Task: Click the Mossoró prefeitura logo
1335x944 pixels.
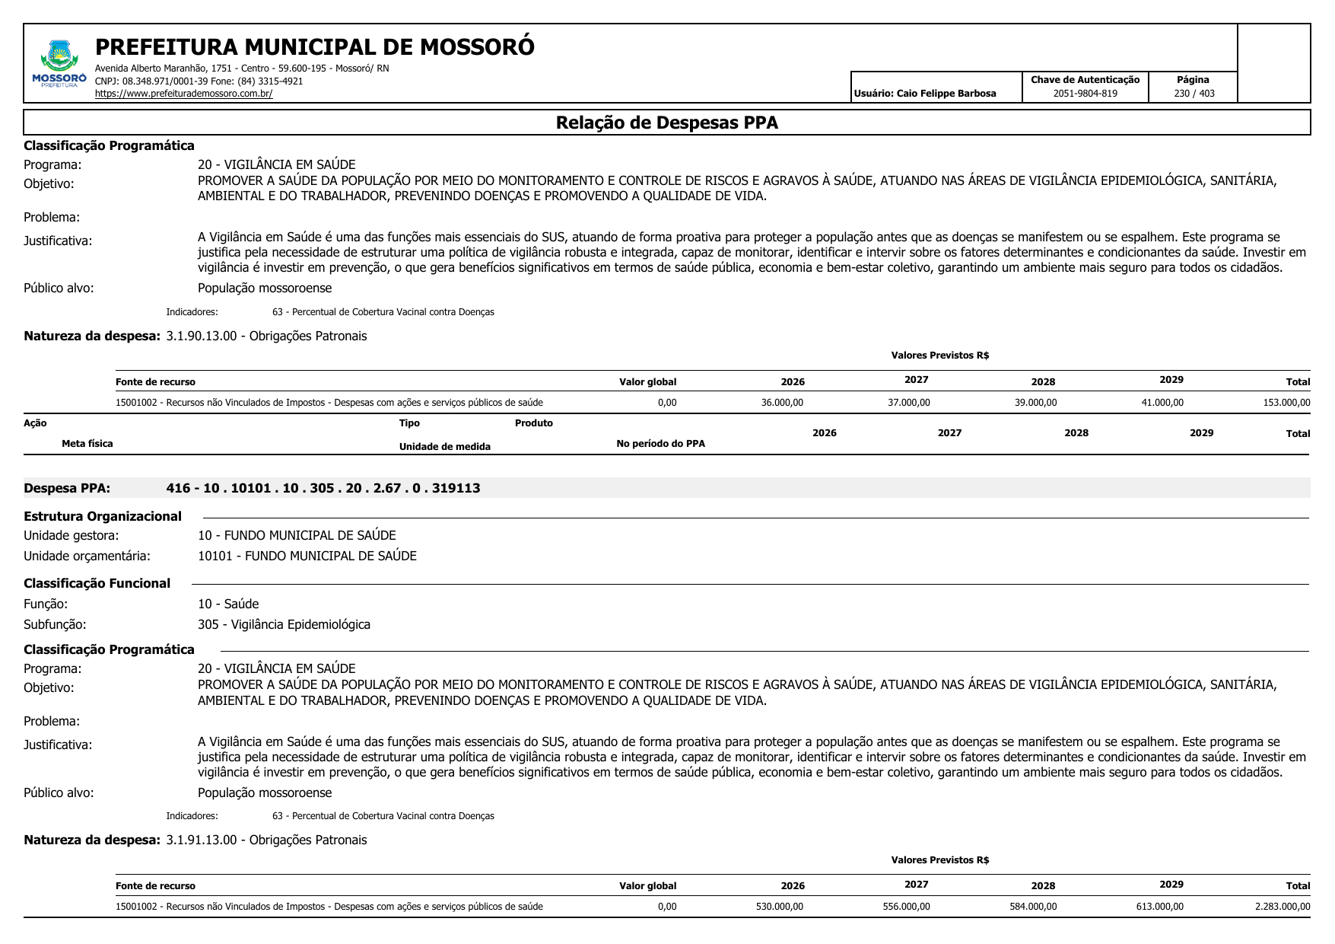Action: click(x=59, y=64)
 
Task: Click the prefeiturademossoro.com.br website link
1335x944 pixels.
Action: click(x=183, y=94)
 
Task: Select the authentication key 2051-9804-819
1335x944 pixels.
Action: click(x=1085, y=94)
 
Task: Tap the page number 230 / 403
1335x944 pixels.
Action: click(x=1194, y=94)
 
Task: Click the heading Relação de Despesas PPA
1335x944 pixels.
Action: click(x=666, y=123)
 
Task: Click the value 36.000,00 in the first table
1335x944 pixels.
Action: click(x=781, y=403)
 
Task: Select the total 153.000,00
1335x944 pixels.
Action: click(x=1286, y=403)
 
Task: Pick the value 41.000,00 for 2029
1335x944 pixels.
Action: click(x=1162, y=403)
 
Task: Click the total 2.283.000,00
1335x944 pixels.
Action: click(x=1282, y=907)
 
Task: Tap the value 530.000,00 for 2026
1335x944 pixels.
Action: click(x=779, y=907)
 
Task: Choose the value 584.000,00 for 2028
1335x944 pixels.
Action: click(x=1032, y=907)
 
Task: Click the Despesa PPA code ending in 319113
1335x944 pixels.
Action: click(x=323, y=488)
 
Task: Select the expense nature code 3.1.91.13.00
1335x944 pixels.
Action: click(x=202, y=840)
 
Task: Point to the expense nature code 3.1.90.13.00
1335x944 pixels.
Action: click(x=202, y=336)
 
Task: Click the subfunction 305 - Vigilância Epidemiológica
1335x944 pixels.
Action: click(x=284, y=624)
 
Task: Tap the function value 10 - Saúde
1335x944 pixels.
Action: click(x=228, y=604)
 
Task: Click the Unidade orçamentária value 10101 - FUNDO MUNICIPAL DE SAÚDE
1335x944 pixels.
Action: click(x=307, y=556)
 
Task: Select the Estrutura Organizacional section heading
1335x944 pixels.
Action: click(x=103, y=516)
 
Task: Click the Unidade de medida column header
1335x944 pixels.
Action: click(x=444, y=447)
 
